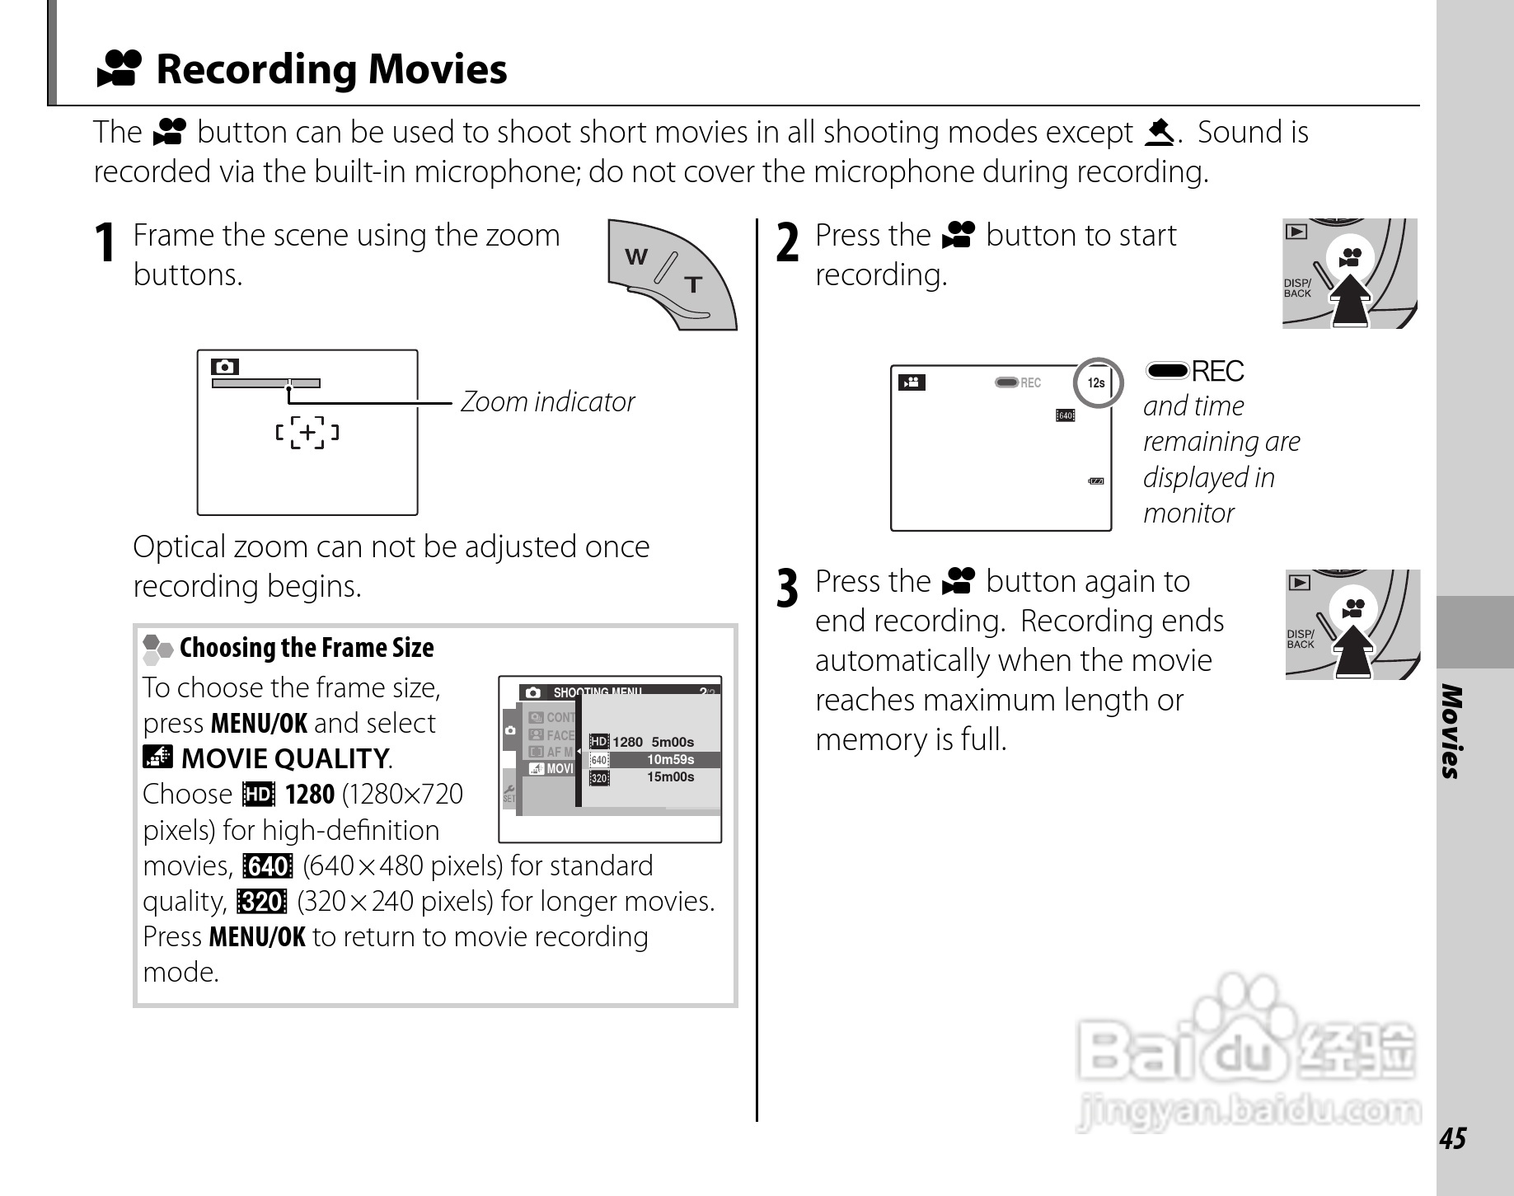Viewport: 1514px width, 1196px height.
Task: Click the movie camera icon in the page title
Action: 120,68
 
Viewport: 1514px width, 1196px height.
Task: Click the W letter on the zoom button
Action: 636,257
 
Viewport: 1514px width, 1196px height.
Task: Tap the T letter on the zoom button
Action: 693,285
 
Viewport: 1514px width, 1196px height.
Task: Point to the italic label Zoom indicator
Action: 547,402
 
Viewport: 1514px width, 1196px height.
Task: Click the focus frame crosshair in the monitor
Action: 307,432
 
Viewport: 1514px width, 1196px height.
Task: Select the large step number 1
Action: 105,244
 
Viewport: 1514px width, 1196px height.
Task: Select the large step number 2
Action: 788,244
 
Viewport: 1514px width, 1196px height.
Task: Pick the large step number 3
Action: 788,590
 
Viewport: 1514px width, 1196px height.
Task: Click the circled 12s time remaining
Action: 1097,382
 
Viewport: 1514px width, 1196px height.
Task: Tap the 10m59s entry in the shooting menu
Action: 670,760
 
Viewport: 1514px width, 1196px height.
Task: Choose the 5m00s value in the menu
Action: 673,742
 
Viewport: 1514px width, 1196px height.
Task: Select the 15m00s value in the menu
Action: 670,777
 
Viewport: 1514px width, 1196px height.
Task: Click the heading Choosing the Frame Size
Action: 306,648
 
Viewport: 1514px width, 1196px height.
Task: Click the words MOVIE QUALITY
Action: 284,758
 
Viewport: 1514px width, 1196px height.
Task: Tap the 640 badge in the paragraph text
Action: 267,866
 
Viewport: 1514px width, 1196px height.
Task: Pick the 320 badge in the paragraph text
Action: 261,902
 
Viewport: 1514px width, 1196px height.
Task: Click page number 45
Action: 1452,1138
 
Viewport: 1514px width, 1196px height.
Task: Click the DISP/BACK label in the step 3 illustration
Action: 1301,640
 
